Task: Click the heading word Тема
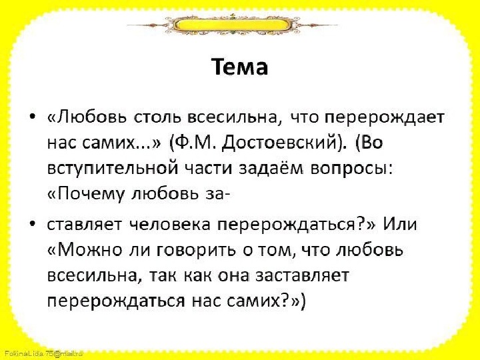pyautogui.click(x=240, y=67)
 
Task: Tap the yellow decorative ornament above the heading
pyautogui.click(x=233, y=25)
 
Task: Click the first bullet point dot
pyautogui.click(x=33, y=117)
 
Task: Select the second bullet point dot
pyautogui.click(x=33, y=224)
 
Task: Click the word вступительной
pyautogui.click(x=113, y=169)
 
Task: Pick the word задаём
pyautogui.click(x=271, y=169)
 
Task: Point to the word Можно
pyautogui.click(x=85, y=250)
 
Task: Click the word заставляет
pyautogui.click(x=301, y=275)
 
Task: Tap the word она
pyautogui.click(x=233, y=276)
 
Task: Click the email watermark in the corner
pyautogui.click(x=43, y=353)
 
